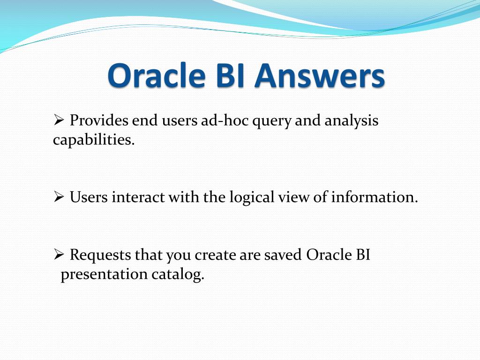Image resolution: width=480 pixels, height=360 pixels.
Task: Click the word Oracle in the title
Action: [157, 75]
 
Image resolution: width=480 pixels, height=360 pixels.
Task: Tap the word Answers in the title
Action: [319, 75]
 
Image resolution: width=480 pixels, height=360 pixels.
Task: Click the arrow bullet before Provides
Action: [59, 120]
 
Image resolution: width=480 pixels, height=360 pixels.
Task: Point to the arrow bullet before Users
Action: [59, 196]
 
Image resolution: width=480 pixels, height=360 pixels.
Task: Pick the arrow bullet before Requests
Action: [59, 255]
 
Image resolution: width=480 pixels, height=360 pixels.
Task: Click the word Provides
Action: [99, 120]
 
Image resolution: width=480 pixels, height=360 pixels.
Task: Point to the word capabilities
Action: [94, 140]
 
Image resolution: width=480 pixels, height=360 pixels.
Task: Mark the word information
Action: [375, 197]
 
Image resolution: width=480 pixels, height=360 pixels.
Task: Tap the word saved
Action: [283, 255]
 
